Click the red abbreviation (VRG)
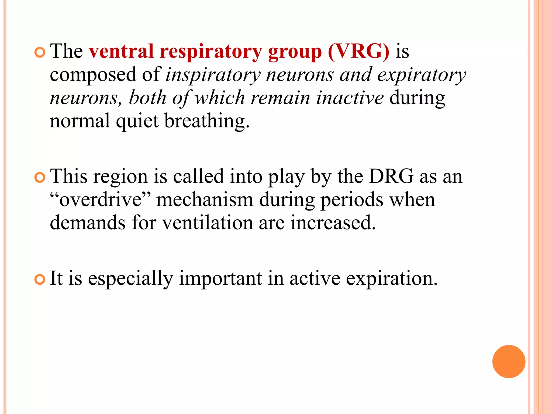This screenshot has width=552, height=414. tap(358, 51)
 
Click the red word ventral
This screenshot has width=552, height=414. tap(121, 51)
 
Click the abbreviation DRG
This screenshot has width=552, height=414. tap(391, 177)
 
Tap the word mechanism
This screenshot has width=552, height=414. tap(205, 200)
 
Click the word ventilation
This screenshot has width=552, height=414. tap(208, 223)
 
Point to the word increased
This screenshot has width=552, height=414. tap(333, 223)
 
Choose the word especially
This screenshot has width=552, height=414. tap(130, 279)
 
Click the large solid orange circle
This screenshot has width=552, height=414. tap(509, 361)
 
